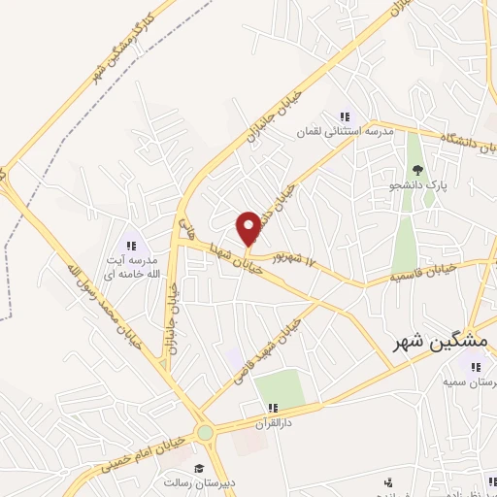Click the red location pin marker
pos(248,228)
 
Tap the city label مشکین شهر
pos(442,343)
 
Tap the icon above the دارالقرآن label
pos(274,408)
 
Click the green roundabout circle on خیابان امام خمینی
pos(205,433)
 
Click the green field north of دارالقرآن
pos(281,388)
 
